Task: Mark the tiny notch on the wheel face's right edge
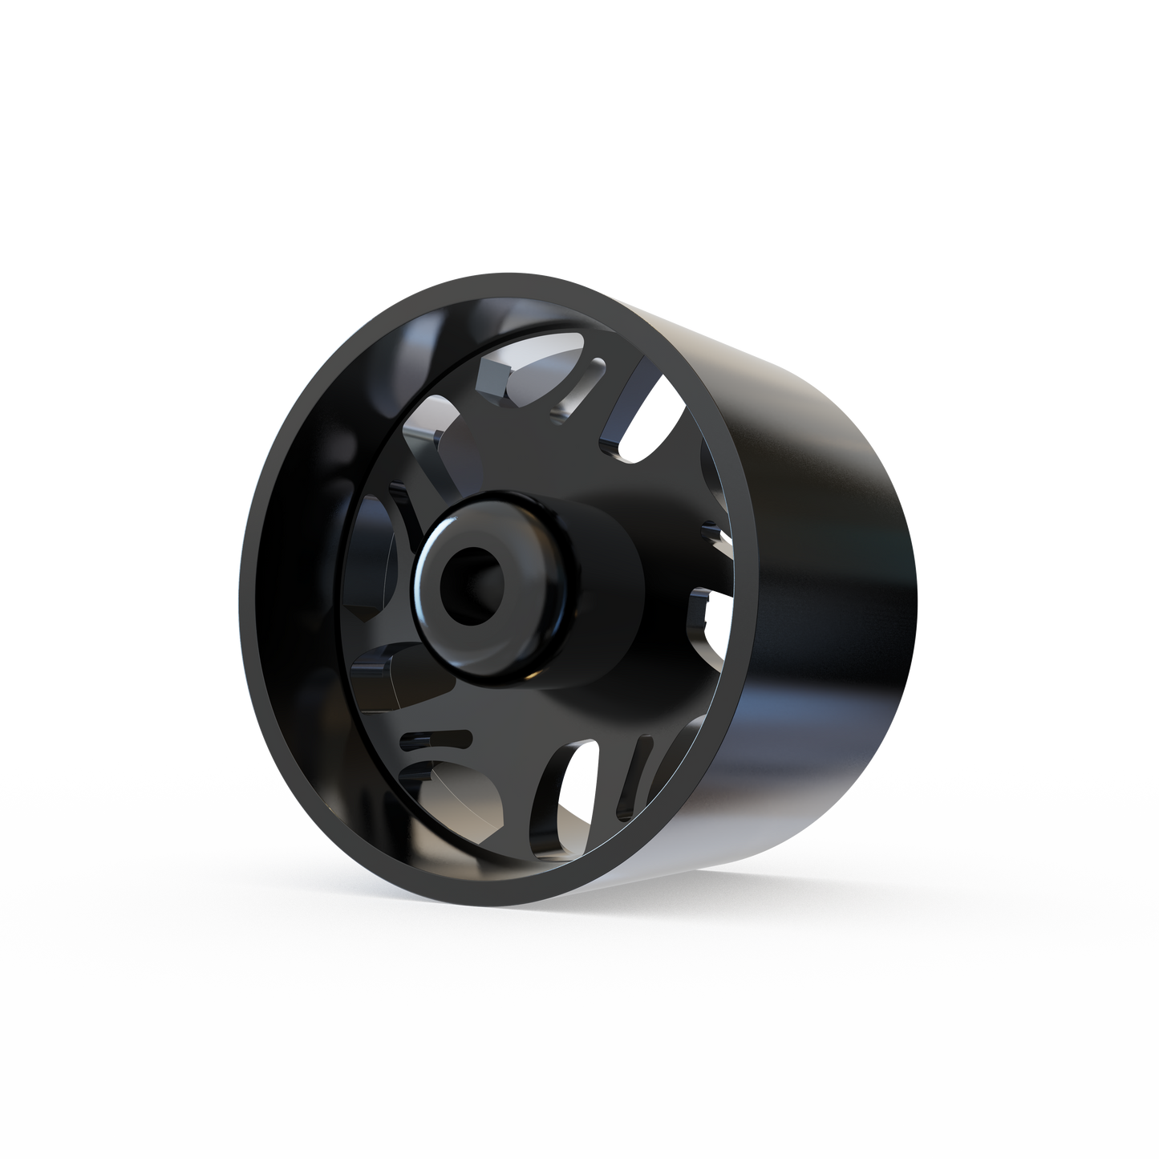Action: (x=711, y=530)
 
